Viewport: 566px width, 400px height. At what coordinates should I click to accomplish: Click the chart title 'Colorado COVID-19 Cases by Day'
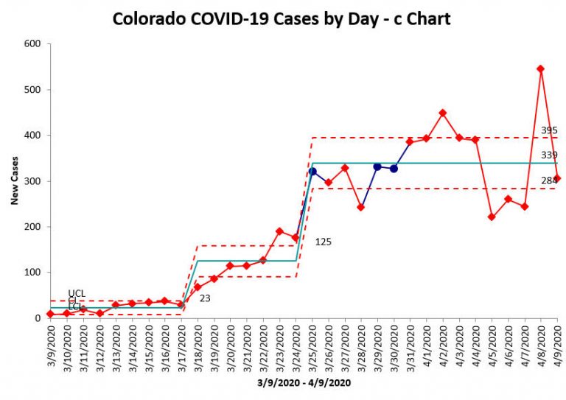point(282,18)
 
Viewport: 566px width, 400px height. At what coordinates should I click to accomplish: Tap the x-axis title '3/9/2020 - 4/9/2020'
point(303,383)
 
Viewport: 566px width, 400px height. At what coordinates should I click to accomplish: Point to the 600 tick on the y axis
point(33,44)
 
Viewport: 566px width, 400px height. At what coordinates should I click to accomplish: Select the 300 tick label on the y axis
point(33,181)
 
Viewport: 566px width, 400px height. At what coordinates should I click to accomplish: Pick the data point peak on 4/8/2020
point(540,69)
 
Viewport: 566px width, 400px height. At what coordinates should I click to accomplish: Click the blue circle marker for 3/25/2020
point(312,171)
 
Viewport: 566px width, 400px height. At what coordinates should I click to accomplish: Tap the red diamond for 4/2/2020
point(443,113)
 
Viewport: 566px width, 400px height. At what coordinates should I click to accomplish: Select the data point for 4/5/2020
point(492,217)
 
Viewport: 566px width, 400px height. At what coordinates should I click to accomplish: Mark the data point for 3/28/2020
point(361,207)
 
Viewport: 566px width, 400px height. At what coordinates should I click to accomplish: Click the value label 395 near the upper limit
point(548,130)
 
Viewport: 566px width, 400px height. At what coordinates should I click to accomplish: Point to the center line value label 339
point(548,155)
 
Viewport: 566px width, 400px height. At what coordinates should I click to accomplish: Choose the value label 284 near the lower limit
point(548,180)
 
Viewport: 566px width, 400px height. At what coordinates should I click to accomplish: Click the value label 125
point(324,241)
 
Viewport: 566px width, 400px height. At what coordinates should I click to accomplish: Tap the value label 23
point(206,298)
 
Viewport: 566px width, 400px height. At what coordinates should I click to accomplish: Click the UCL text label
point(76,293)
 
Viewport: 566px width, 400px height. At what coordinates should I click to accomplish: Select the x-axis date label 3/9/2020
point(50,346)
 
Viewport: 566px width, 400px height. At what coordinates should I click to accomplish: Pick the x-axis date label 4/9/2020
point(556,346)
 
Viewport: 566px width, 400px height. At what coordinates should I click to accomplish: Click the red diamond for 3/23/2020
point(279,231)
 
